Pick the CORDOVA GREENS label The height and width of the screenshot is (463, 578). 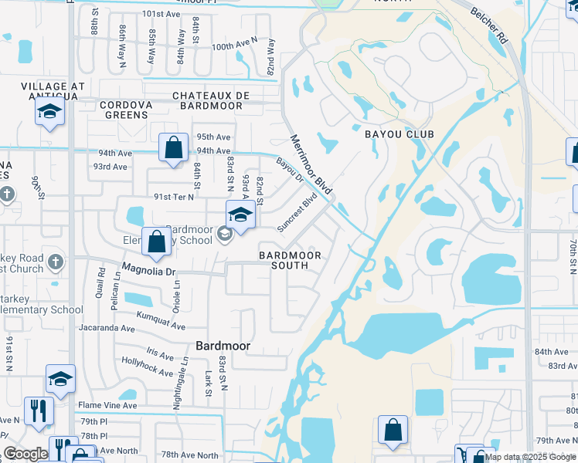click(124, 110)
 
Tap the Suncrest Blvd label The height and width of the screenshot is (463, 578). click(298, 212)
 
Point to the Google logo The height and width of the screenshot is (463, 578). click(25, 454)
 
